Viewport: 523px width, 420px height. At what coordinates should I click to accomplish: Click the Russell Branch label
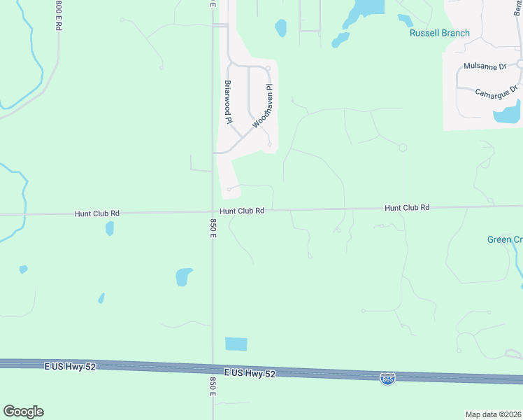pyautogui.click(x=439, y=33)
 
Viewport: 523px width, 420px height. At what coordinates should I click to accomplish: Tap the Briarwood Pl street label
pyautogui.click(x=228, y=102)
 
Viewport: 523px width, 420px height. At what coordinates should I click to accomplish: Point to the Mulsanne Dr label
pyautogui.click(x=485, y=66)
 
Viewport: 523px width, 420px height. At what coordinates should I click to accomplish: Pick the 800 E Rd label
pyautogui.click(x=58, y=15)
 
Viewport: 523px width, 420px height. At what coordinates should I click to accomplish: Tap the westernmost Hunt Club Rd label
pyautogui.click(x=97, y=213)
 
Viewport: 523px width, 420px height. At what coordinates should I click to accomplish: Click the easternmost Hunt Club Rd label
pyautogui.click(x=406, y=208)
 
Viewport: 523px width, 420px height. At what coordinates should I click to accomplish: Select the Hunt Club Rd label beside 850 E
pyautogui.click(x=241, y=211)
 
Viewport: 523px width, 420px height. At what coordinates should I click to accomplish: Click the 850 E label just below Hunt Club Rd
pyautogui.click(x=213, y=228)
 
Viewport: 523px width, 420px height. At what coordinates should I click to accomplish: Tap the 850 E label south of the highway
pyautogui.click(x=213, y=387)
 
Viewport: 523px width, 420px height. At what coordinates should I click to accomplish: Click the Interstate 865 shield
pyautogui.click(x=387, y=379)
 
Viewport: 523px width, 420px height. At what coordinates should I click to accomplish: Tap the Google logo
pyautogui.click(x=23, y=412)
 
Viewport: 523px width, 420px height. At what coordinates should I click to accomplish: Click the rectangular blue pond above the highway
pyautogui.click(x=236, y=344)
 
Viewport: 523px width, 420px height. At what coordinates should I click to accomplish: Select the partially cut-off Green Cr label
pyautogui.click(x=504, y=239)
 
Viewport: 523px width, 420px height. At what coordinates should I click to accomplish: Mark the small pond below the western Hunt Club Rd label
pyautogui.click(x=110, y=228)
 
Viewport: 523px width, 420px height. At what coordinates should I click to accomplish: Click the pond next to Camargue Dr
pyautogui.click(x=508, y=112)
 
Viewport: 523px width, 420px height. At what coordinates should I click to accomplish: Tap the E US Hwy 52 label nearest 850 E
pyautogui.click(x=250, y=373)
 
